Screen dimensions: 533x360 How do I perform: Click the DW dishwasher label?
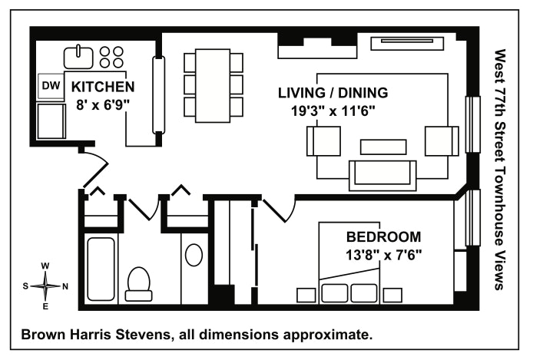[51, 86]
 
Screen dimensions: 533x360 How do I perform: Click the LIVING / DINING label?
[333, 93]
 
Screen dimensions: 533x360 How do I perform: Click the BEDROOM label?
[382, 236]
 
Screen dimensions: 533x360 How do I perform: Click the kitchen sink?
[78, 55]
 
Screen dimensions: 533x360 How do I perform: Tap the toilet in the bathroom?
[138, 281]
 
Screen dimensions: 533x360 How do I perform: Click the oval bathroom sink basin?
[194, 254]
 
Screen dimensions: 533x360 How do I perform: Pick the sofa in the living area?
[382, 175]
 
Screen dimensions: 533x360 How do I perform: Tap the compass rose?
[45, 286]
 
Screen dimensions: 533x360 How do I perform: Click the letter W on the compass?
[45, 266]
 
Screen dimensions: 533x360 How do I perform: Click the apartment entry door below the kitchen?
[95, 161]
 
